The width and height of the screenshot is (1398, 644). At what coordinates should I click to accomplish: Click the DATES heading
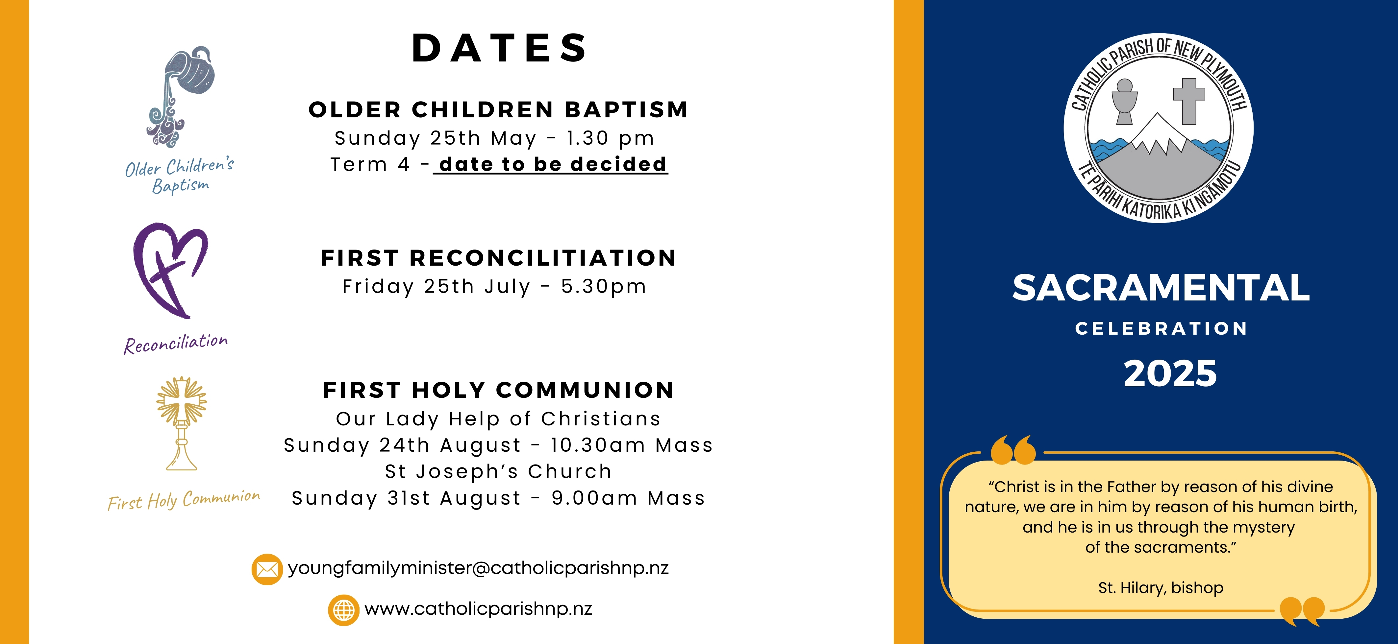point(499,48)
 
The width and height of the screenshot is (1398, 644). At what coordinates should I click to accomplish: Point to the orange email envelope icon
point(266,569)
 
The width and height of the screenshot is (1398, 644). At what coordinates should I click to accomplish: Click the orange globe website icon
point(343,610)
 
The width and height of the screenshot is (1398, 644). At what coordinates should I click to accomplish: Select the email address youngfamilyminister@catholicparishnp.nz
point(478,568)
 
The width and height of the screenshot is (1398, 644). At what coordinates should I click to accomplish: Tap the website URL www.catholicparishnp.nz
point(478,609)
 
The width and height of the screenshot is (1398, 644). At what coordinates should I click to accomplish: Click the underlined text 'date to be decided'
point(553,164)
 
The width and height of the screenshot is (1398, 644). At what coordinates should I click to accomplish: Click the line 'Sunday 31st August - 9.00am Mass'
point(498,498)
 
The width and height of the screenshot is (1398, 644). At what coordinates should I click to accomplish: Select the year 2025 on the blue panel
point(1170,374)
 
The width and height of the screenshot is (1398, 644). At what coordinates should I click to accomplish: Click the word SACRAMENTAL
point(1161,288)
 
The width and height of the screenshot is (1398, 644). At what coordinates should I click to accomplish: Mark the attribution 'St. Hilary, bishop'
point(1161,587)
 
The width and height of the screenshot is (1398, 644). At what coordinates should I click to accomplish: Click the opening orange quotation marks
point(1013,449)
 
